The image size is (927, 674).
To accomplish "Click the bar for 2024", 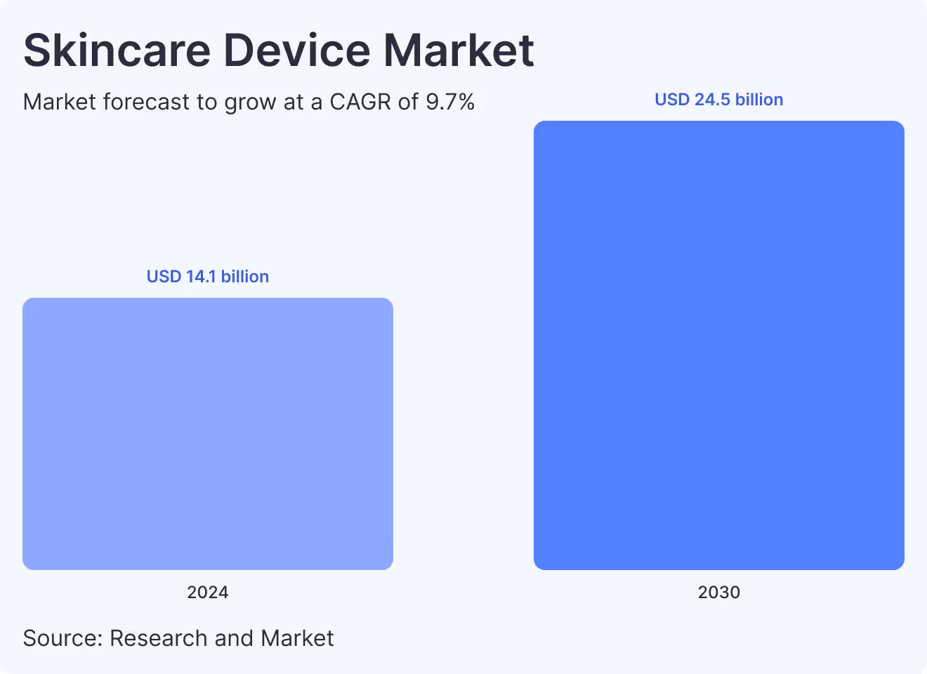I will pos(208,433).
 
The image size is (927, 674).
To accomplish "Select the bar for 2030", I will pos(718,345).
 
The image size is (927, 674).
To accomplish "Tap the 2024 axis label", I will pos(208,592).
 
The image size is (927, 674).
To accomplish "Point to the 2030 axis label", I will pos(718,592).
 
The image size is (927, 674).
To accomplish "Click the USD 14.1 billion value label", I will pos(208,277).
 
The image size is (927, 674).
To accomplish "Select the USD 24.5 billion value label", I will pos(718,100).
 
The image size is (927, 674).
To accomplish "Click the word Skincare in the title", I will pos(117,51).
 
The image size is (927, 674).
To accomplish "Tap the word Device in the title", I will pos(296,51).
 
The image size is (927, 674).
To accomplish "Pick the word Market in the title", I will pos(459,51).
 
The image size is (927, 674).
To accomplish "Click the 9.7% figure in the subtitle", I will pos(450,103).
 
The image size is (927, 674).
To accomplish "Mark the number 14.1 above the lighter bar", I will pos(201,277).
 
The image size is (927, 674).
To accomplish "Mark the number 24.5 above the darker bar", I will pos(712,100).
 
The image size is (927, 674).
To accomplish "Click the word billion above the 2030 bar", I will pos(759,100).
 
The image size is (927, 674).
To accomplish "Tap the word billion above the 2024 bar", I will pos(245,277).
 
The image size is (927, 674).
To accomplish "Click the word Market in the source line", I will pos(297,638).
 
